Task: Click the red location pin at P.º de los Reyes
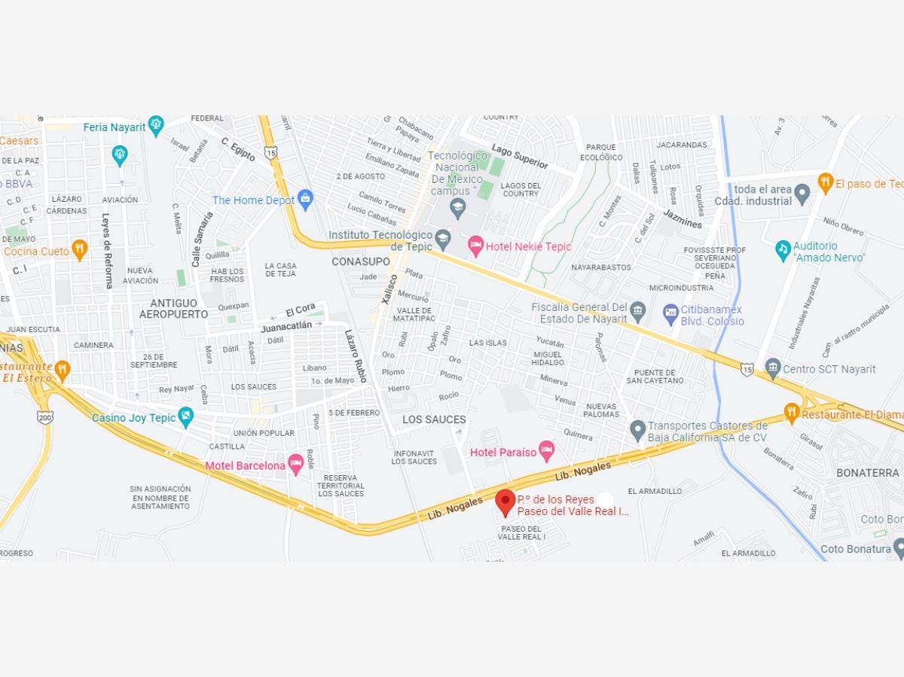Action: click(x=505, y=502)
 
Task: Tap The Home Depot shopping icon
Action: click(x=305, y=199)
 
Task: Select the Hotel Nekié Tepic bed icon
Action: click(x=475, y=245)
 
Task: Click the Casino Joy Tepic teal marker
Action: click(x=186, y=416)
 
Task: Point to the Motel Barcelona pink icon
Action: click(x=296, y=464)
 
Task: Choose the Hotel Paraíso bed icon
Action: click(x=547, y=451)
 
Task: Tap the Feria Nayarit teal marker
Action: click(x=156, y=126)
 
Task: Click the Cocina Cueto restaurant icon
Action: click(x=80, y=250)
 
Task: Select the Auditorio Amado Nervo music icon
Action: click(x=783, y=249)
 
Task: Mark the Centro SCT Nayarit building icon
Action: click(x=773, y=368)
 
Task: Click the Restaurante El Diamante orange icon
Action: click(x=791, y=413)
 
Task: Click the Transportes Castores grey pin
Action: click(x=637, y=431)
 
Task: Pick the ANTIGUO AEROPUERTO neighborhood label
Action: click(x=173, y=309)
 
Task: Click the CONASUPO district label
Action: click(x=361, y=261)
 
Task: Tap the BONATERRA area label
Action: click(x=868, y=472)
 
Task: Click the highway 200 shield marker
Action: click(x=44, y=416)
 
